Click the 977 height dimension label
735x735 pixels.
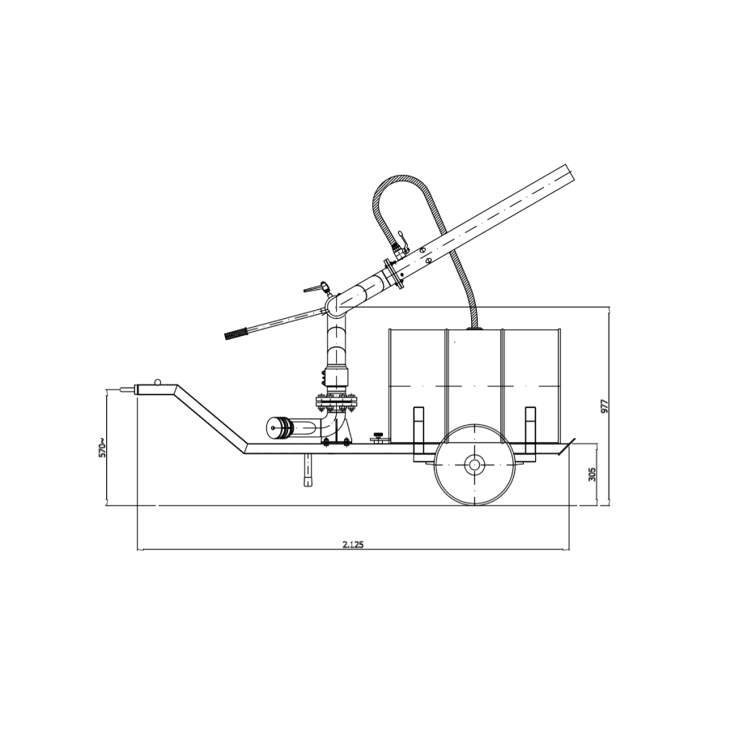pyautogui.click(x=605, y=406)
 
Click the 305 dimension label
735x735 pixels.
pyautogui.click(x=592, y=474)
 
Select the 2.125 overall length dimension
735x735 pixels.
pyautogui.click(x=353, y=544)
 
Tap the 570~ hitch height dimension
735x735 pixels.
pyautogui.click(x=103, y=447)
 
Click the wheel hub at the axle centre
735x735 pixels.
pyautogui.click(x=474, y=465)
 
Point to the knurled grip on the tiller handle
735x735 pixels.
pyautogui.click(x=236, y=334)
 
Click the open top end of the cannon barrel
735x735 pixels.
pyautogui.click(x=570, y=175)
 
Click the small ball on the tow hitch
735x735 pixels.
pyautogui.click(x=158, y=381)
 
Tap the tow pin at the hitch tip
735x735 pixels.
pyautogui.click(x=126, y=389)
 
